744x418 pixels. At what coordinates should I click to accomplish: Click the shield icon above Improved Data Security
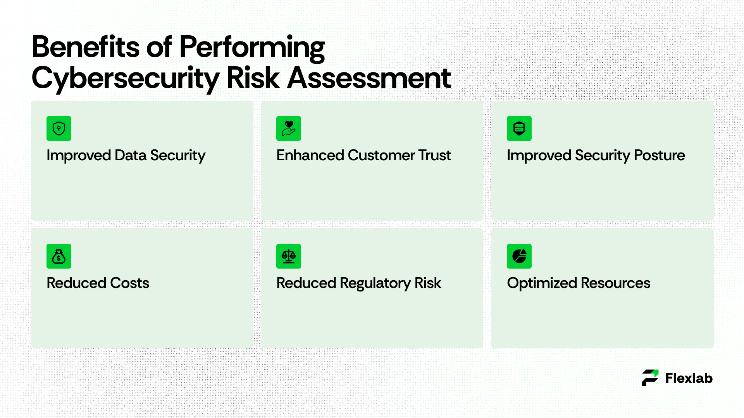pos(59,128)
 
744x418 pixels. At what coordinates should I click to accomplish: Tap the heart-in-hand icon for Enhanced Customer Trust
pos(289,128)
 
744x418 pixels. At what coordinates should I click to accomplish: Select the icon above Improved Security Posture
pos(519,128)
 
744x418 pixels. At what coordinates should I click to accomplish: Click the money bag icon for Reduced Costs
pos(59,256)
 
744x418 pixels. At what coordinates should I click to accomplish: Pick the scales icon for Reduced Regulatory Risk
pos(289,256)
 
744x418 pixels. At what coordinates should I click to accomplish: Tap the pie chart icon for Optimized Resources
pos(519,256)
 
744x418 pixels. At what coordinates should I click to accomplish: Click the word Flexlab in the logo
pos(689,378)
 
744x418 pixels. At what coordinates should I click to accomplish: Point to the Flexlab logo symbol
pos(650,378)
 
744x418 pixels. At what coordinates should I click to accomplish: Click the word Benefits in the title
pos(86,47)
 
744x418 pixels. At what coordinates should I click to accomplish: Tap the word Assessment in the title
pos(369,78)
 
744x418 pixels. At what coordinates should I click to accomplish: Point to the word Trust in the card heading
pos(435,155)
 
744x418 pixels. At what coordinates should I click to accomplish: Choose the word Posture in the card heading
pos(660,155)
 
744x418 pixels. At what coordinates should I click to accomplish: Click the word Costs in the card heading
pos(130,283)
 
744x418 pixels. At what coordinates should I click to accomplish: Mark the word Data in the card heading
pos(131,155)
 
